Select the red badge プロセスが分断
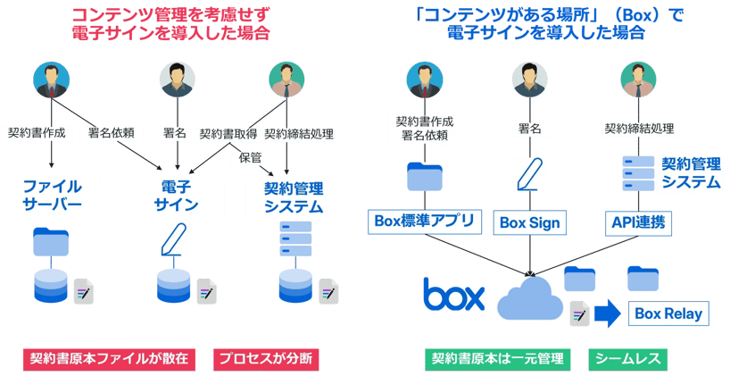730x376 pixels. coord(267,359)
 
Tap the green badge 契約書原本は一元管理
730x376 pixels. coord(495,359)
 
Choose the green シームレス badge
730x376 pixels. coord(630,359)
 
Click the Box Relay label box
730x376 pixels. coord(669,313)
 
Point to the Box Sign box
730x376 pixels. coord(529,222)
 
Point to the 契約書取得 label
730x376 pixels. coord(228,134)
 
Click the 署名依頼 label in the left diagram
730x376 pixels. coord(111,134)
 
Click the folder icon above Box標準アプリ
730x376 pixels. coord(425,176)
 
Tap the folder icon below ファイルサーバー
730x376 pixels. coord(52,241)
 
